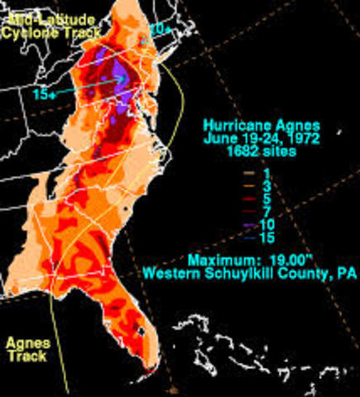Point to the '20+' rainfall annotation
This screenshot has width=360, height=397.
[160, 30]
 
